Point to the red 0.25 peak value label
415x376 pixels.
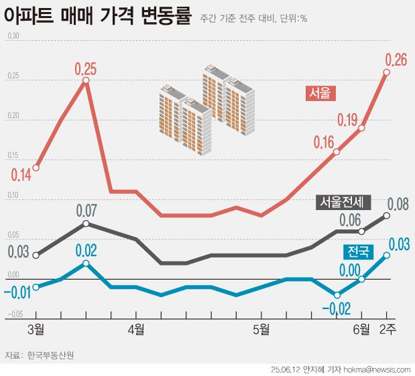[86, 68]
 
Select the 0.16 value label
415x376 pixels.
[323, 142]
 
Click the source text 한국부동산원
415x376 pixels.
[51, 355]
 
